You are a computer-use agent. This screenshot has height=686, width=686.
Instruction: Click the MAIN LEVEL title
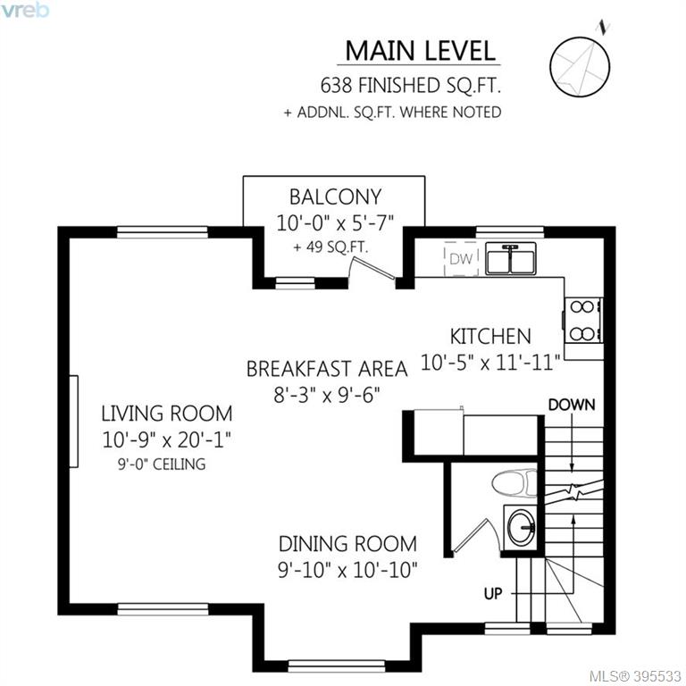point(420,51)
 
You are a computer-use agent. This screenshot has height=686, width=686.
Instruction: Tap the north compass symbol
point(580,66)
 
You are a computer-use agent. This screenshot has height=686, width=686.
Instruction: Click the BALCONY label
point(335,197)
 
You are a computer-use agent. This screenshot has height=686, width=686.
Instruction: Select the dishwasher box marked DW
point(461,258)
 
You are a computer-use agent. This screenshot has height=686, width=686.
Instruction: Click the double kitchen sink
point(511,259)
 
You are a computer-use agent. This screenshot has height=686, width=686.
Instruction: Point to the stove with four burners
point(583,321)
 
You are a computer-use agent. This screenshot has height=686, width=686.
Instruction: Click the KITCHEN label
point(490,337)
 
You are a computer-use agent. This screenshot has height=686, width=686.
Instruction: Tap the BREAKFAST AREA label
point(327,369)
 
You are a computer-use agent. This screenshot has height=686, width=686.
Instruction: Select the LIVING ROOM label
point(167,414)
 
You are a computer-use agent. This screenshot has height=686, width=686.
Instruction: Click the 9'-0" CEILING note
point(162,464)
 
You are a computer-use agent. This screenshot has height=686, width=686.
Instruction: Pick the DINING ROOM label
point(347,544)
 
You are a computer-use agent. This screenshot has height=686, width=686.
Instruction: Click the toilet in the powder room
point(514,483)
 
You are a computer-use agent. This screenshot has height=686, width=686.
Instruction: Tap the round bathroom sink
point(521,527)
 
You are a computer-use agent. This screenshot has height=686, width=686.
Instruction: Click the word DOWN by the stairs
point(572,405)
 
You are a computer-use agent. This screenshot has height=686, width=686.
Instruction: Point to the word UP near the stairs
point(493,594)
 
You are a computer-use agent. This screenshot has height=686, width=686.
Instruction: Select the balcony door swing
point(372,267)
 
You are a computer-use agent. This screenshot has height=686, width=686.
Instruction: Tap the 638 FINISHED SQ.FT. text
point(410,86)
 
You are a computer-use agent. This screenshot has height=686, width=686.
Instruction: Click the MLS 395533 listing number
point(635,676)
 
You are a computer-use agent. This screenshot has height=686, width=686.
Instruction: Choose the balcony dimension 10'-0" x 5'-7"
point(335,223)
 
